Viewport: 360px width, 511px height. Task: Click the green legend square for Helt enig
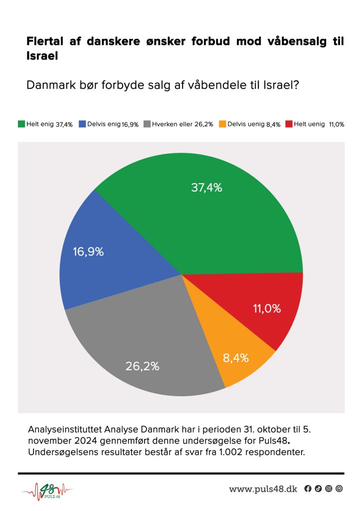pyautogui.click(x=21, y=124)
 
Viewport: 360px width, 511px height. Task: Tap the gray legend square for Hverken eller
pyautogui.click(x=147, y=124)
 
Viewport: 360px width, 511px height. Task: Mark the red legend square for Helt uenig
pyautogui.click(x=289, y=124)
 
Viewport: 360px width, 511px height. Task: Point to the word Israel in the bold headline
pyautogui.click(x=42, y=56)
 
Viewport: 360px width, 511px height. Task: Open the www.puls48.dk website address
pyautogui.click(x=263, y=489)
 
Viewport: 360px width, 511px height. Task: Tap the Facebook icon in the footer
pyautogui.click(x=308, y=489)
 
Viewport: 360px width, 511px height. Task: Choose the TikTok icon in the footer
pyautogui.click(x=318, y=489)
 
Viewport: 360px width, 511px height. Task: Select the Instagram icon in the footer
pyautogui.click(x=329, y=489)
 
